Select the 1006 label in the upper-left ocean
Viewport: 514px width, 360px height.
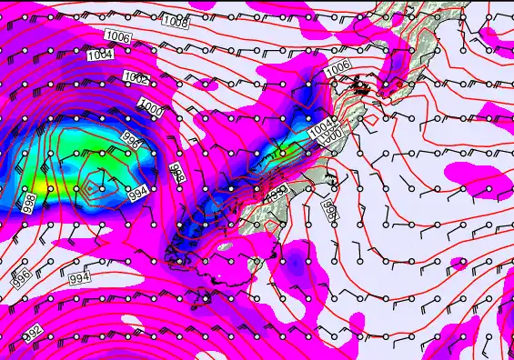point(117,35)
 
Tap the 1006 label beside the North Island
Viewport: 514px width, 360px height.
point(338,66)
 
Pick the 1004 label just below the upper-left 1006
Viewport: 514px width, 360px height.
point(101,55)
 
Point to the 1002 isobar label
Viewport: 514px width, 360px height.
point(136,78)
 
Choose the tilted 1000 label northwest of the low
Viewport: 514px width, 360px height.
point(152,107)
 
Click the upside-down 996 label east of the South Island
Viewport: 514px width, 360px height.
point(330,210)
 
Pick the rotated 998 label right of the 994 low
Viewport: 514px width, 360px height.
point(176,174)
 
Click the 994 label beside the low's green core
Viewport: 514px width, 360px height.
point(138,193)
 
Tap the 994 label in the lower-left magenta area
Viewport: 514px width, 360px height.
point(80,276)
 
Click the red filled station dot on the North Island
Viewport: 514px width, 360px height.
point(362,88)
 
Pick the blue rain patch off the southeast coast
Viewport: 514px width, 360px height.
point(297,263)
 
